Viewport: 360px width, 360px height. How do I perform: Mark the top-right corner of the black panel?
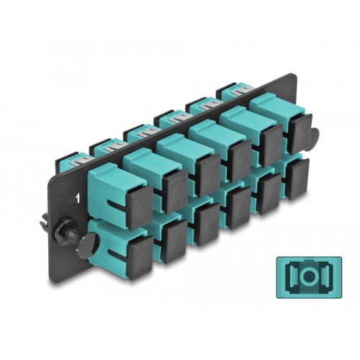click(294, 74)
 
